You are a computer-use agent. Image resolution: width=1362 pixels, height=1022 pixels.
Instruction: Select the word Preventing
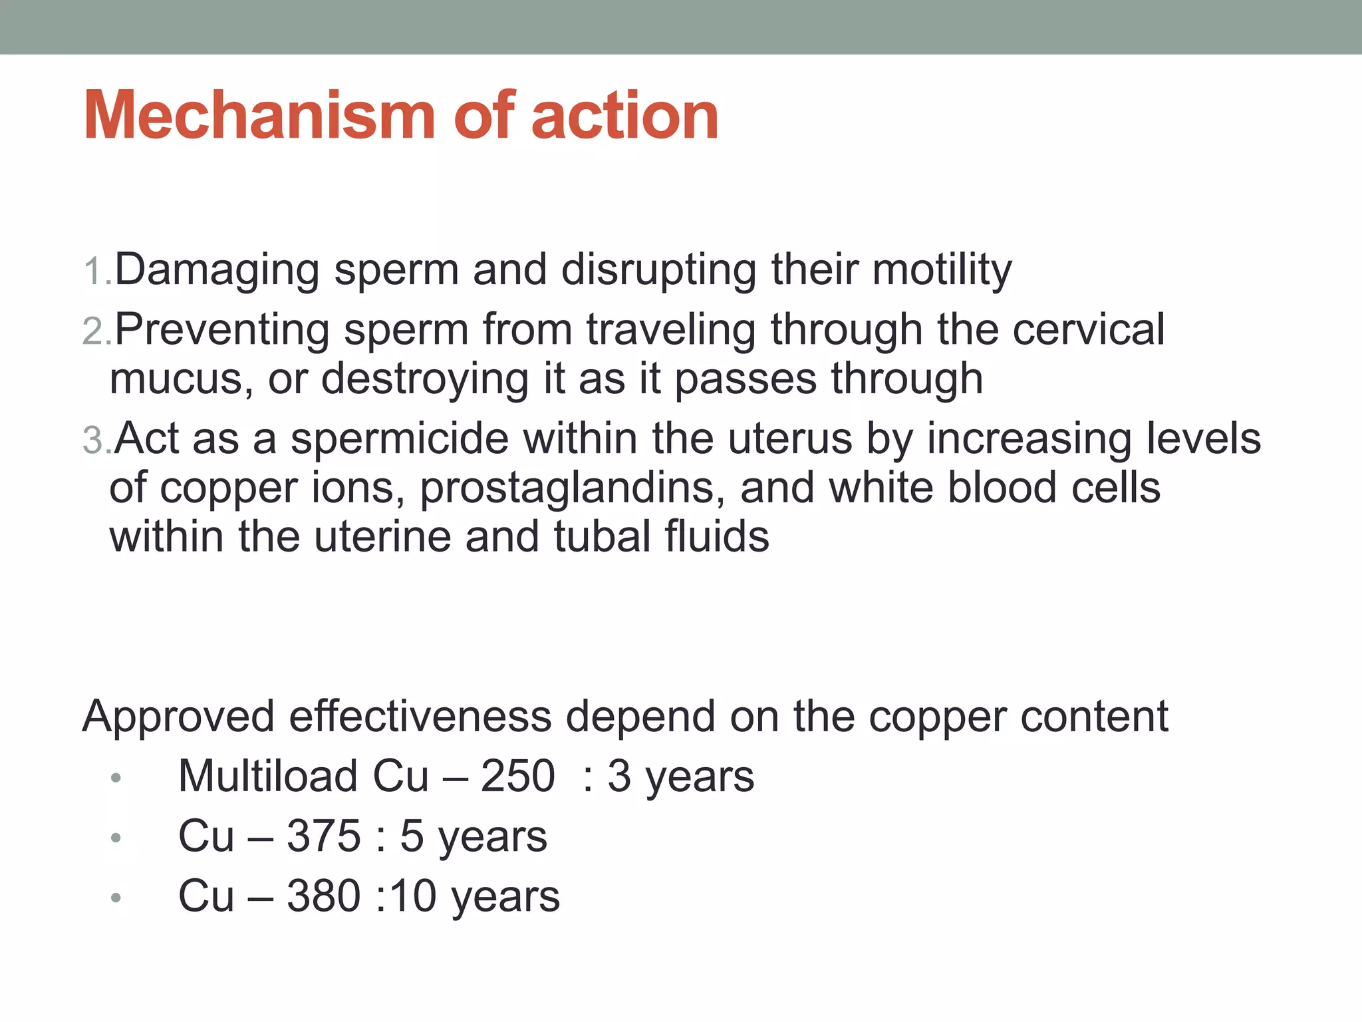(x=222, y=331)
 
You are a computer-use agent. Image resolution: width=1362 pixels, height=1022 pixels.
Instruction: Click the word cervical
(x=1088, y=329)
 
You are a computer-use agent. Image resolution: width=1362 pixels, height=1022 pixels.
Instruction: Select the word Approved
(x=178, y=718)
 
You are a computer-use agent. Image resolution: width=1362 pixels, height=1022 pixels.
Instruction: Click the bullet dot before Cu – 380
(x=116, y=898)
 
